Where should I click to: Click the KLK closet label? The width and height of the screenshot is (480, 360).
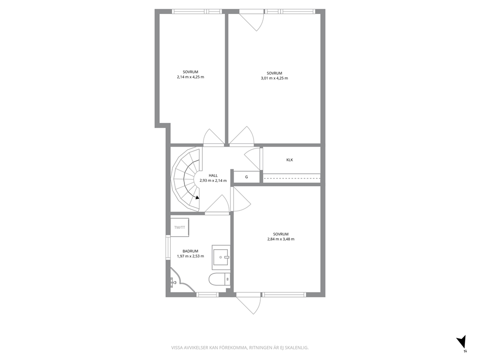pos(289,160)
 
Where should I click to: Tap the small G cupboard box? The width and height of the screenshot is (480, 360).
pos(247,177)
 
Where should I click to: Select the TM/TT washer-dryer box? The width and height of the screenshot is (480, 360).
pos(180,227)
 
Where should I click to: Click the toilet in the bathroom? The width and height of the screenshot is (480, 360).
pos(220,279)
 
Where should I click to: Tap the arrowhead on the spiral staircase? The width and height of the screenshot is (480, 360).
pos(197,197)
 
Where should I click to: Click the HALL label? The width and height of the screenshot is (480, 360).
pos(213,176)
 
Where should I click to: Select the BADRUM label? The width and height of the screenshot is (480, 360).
pos(191,251)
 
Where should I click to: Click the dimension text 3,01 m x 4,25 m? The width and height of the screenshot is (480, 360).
pos(274,78)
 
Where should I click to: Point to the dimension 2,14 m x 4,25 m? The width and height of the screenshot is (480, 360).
pos(191,77)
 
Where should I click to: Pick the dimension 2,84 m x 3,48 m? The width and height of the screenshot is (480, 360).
pos(281,239)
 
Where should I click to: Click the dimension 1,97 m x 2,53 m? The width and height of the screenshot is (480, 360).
pos(191,256)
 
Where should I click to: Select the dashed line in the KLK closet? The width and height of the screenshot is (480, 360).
pos(292,178)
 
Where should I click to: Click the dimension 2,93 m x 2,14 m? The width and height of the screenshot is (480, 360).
pos(213,180)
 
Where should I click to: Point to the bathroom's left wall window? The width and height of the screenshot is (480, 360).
pos(168,247)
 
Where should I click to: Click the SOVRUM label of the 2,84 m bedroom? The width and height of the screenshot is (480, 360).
pos(281,234)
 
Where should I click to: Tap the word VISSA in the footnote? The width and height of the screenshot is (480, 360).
pos(176,348)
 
